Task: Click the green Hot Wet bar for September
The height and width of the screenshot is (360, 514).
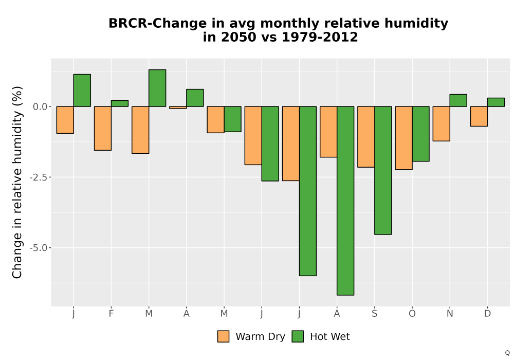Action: pyautogui.click(x=383, y=170)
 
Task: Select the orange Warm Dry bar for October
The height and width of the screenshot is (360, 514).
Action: pyautogui.click(x=403, y=138)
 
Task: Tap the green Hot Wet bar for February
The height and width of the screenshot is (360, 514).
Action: pyautogui.click(x=120, y=103)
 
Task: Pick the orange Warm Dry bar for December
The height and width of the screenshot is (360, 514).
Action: pyautogui.click(x=479, y=116)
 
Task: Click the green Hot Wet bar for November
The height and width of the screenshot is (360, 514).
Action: pyautogui.click(x=458, y=100)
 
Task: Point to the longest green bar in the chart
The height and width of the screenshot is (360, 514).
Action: pyautogui.click(x=345, y=201)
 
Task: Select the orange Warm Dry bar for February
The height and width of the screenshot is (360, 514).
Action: pyautogui.click(x=103, y=128)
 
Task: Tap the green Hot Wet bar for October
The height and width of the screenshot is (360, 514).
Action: pyautogui.click(x=420, y=134)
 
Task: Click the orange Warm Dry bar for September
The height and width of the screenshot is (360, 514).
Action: pyautogui.click(x=366, y=137)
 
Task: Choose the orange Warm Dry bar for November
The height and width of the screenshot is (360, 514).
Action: pyautogui.click(x=441, y=123)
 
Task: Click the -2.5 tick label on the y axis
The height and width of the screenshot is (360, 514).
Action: pyautogui.click(x=38, y=177)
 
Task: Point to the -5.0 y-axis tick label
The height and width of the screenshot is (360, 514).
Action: pyautogui.click(x=38, y=248)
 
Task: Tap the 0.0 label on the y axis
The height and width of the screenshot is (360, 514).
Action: pyautogui.click(x=40, y=106)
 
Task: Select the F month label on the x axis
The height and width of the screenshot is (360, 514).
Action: pyautogui.click(x=111, y=314)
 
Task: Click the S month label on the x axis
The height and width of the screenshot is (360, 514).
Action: pyautogui.click(x=374, y=314)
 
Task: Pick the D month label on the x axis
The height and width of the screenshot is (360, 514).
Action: pyautogui.click(x=487, y=314)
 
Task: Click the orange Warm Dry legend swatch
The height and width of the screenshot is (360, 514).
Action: pyautogui.click(x=223, y=336)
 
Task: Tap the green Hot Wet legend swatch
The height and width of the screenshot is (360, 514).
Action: pyautogui.click(x=298, y=336)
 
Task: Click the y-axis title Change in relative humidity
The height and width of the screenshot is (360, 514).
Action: pyautogui.click(x=17, y=182)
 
